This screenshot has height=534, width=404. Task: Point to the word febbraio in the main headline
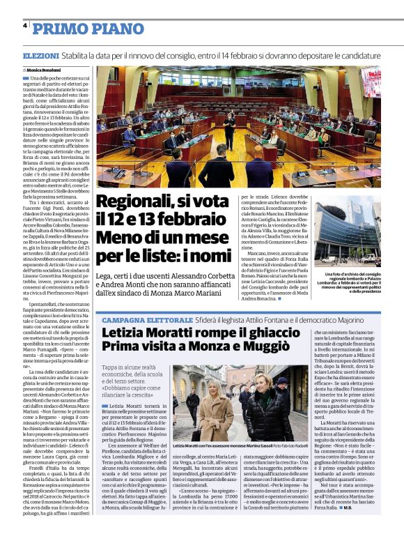[192, 222]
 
